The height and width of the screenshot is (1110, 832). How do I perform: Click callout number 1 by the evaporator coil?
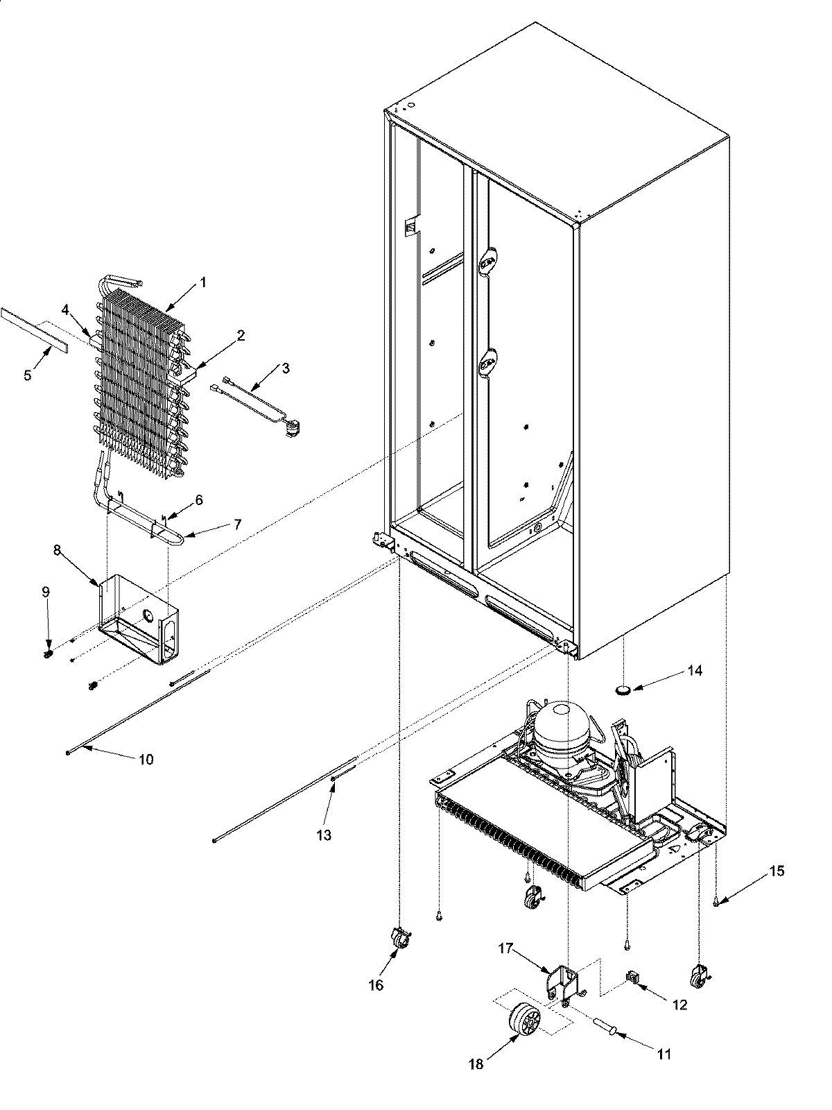202,282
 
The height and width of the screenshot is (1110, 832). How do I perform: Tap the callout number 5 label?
28,375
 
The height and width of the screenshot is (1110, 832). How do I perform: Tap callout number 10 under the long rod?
146,760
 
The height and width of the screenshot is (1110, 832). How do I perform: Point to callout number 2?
240,336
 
